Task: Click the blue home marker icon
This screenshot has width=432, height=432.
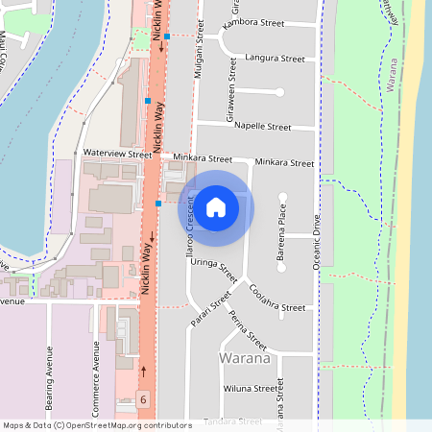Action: [216, 207]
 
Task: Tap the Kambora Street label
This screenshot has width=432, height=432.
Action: [253, 22]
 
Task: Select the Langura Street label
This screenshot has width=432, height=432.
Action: [275, 59]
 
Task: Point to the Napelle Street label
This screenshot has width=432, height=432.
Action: [262, 126]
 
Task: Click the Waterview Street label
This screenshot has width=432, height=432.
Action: [117, 153]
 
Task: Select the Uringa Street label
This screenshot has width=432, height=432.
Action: [213, 265]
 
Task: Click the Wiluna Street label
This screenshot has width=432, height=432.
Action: [250, 389]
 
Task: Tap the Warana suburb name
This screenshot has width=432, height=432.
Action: [243, 359]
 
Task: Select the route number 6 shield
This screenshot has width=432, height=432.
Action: [143, 397]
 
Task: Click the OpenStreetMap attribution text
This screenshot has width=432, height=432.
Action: [97, 424]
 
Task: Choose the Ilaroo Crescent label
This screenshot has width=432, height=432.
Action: [189, 227]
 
